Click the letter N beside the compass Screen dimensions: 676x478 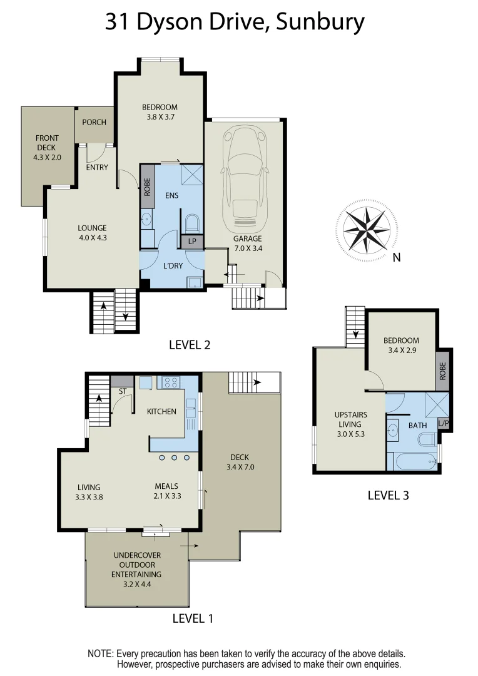(396, 257)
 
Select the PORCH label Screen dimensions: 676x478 (94, 123)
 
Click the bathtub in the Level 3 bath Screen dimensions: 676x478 (414, 462)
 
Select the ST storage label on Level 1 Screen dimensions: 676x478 (122, 392)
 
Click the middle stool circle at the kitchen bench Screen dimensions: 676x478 (175, 458)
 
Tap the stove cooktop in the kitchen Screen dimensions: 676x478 (171, 382)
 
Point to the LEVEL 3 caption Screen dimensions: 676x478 (388, 495)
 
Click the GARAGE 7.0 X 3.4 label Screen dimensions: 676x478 (248, 243)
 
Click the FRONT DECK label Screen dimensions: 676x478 (47, 148)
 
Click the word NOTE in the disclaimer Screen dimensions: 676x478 (100, 653)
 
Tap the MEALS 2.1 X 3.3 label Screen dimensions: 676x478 (167, 491)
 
